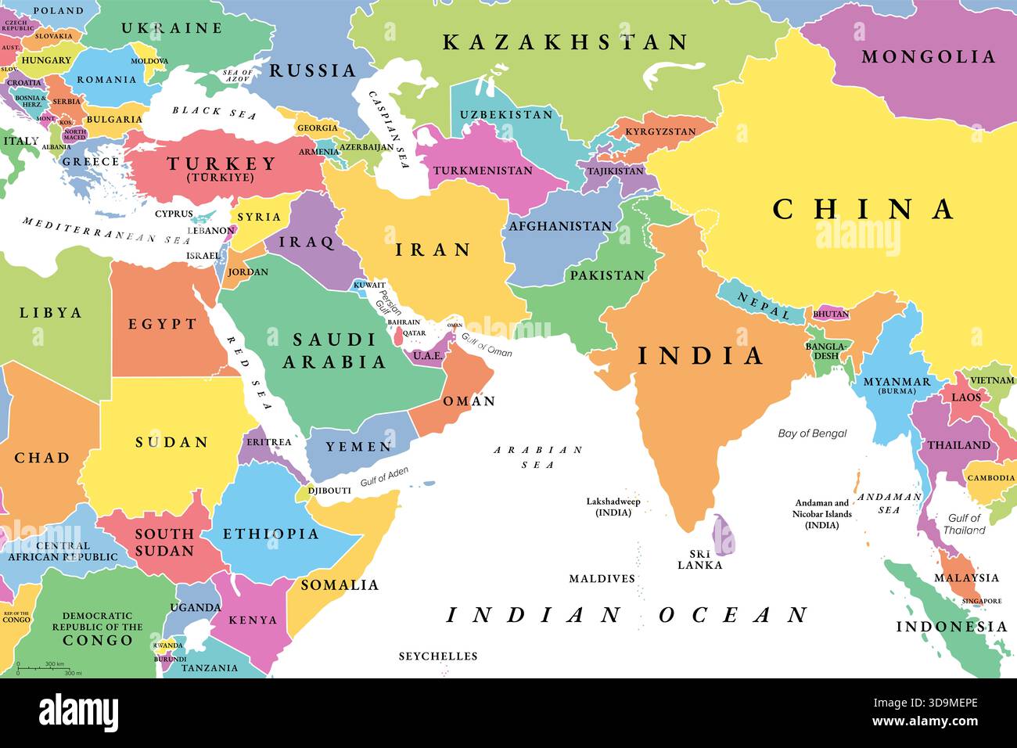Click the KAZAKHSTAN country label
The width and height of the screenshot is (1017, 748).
[x=565, y=42]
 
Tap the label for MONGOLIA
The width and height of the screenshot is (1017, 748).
[x=928, y=56]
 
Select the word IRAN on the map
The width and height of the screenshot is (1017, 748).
[x=433, y=250]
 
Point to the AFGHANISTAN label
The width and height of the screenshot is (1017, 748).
[x=560, y=226]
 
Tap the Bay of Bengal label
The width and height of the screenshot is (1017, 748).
[x=812, y=433]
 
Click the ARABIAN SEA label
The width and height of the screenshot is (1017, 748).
[x=537, y=457]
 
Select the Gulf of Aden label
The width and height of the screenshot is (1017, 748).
[x=384, y=478]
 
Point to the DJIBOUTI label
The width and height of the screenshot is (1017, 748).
[x=329, y=491]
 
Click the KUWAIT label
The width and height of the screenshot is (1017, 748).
[x=369, y=286]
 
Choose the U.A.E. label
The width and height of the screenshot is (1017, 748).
[x=428, y=356]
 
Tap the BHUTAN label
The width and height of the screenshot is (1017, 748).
[x=831, y=314]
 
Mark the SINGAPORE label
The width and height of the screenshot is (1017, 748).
[x=981, y=601]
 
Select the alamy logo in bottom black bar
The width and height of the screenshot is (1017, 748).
[x=78, y=713]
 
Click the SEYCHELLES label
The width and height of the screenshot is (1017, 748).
[x=437, y=656]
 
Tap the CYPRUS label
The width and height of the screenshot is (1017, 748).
[x=174, y=214]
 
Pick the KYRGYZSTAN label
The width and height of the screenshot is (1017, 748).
[x=659, y=131]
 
